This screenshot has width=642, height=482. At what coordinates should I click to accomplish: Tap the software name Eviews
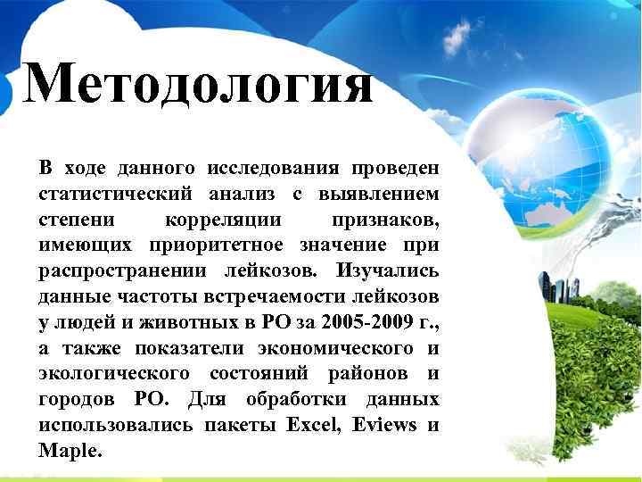point(385,424)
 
